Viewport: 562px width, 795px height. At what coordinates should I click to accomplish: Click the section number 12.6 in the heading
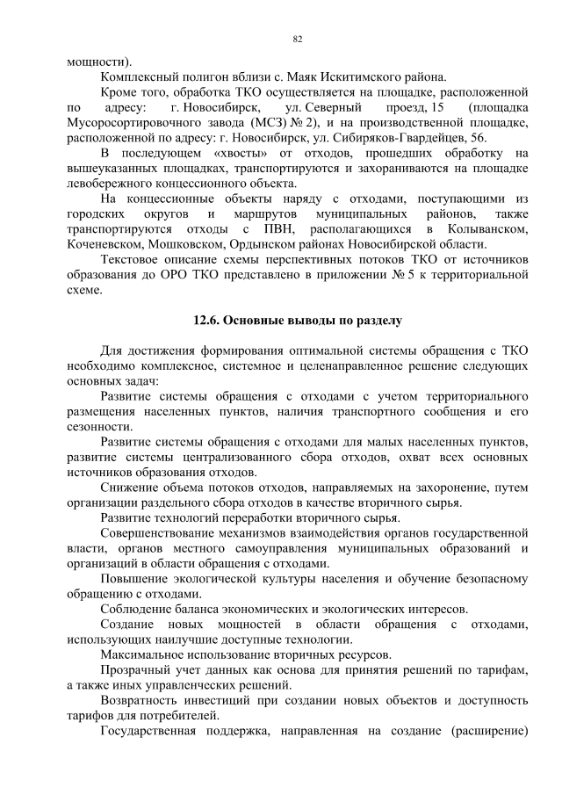(205, 320)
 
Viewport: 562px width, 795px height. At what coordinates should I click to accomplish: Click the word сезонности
(98, 425)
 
